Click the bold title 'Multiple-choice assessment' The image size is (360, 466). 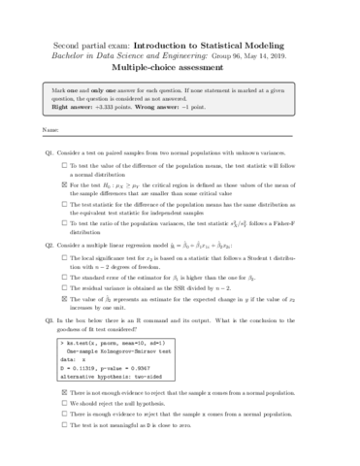(180, 70)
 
